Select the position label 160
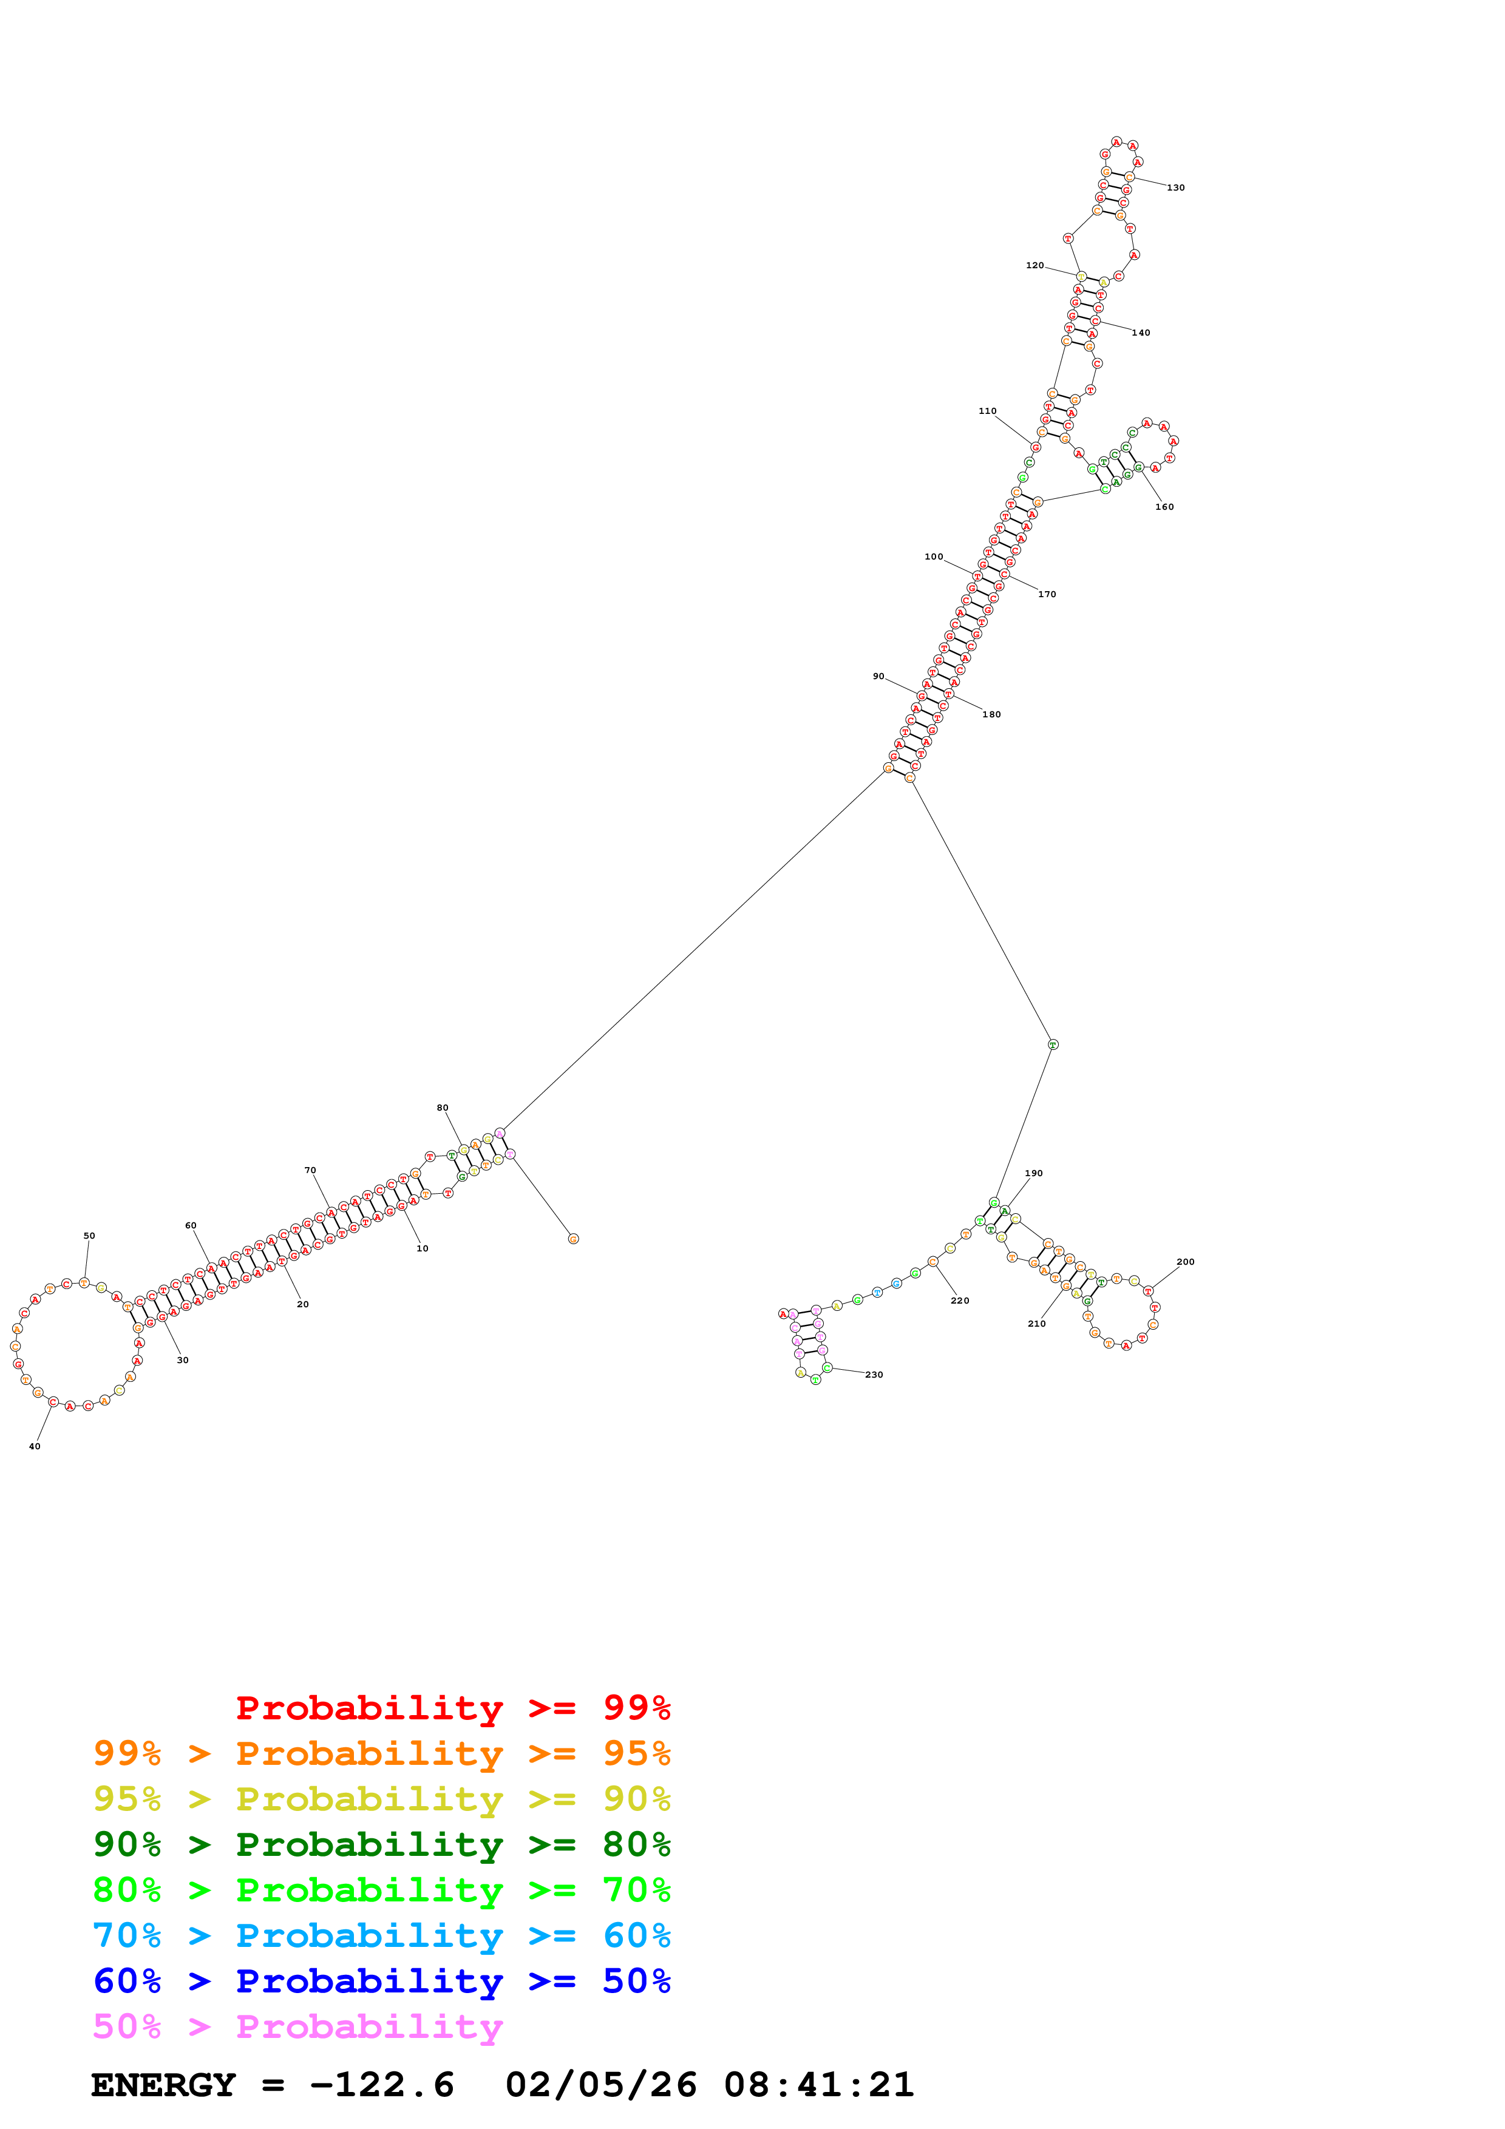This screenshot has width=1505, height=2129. (1164, 507)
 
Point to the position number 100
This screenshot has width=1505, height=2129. (933, 557)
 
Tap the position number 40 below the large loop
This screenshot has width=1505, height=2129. (35, 1446)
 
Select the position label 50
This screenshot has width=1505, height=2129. (89, 1236)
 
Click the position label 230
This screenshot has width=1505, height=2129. (874, 1375)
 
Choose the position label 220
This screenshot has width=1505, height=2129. (960, 1301)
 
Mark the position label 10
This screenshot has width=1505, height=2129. (422, 1249)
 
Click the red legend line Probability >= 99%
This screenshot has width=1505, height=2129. (452, 1708)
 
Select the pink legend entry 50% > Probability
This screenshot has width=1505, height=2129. (297, 2027)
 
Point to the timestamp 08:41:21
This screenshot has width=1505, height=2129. (819, 2085)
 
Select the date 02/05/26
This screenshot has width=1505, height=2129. (601, 2085)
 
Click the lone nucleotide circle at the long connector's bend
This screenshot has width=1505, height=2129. (1053, 1045)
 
